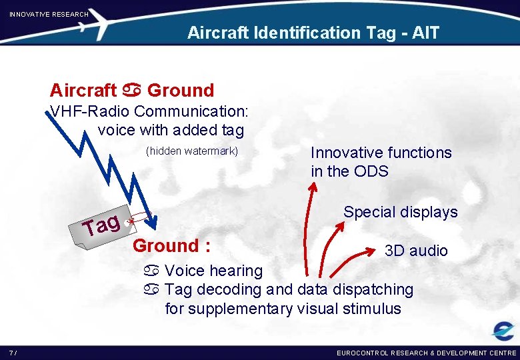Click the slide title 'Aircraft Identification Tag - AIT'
point(313,32)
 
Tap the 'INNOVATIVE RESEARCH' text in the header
point(49,14)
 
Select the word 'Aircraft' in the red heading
point(83,90)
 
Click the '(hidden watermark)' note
point(191,151)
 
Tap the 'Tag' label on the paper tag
point(101,225)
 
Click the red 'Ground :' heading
point(172,245)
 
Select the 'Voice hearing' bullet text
point(213,271)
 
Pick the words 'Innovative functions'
point(381,153)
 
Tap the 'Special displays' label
point(400,212)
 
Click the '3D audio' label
point(416,251)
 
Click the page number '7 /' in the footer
point(13,353)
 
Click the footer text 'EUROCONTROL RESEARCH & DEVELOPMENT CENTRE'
point(426,353)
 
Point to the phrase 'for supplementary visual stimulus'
point(283,309)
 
